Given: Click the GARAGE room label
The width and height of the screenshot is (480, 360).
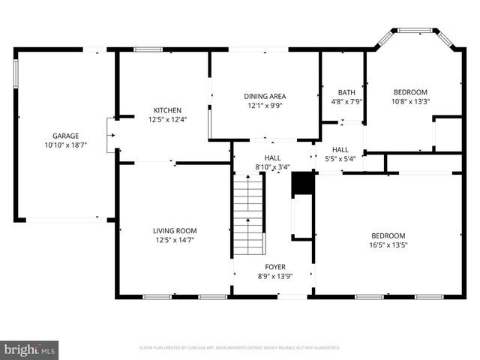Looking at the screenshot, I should coord(64,136).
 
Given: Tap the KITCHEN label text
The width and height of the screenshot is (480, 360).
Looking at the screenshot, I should coord(167,109).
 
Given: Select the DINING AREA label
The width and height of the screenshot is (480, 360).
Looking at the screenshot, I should coord(265,96).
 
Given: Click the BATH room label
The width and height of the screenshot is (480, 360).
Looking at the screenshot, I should coord(346,92).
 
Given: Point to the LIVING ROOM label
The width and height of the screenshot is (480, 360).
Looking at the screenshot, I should coord(169,230).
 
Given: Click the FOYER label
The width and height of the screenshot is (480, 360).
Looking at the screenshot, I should coord(274,266).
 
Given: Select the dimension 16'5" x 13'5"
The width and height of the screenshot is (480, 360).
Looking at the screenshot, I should coord(387,244).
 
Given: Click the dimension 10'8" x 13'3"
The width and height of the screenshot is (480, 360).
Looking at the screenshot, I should coord(410,101).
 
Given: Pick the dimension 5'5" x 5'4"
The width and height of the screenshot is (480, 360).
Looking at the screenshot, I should coord(340,158).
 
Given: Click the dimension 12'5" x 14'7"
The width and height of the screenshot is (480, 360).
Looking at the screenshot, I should coord(169,239).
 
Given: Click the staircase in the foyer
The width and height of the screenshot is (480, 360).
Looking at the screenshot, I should coord(248,214).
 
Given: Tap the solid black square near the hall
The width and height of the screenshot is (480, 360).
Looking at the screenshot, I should coord(301,183).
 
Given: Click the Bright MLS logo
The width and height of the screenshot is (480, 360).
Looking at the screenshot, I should coord(30,349).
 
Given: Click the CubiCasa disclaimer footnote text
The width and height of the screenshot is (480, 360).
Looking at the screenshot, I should coord(240,348).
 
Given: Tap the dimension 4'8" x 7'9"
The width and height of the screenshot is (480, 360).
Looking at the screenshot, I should coord(346,101).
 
